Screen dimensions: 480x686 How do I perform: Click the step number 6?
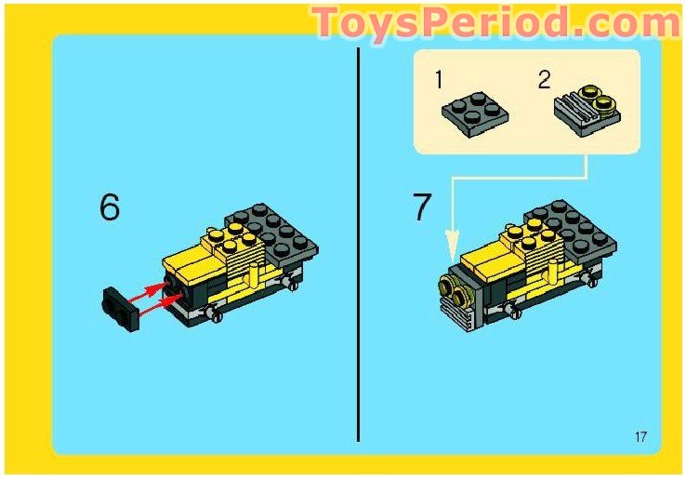(x=110, y=207)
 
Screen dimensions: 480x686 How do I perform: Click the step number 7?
(x=422, y=207)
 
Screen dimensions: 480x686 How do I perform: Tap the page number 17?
(x=641, y=437)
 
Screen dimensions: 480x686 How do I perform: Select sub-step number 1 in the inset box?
(x=439, y=80)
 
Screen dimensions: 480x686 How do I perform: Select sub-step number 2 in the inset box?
(x=544, y=80)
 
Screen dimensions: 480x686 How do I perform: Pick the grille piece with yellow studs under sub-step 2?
(x=587, y=112)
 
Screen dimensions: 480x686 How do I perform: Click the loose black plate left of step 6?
(x=120, y=306)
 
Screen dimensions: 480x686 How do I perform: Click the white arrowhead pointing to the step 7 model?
(x=453, y=247)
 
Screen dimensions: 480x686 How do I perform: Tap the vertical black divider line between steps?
(x=359, y=242)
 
